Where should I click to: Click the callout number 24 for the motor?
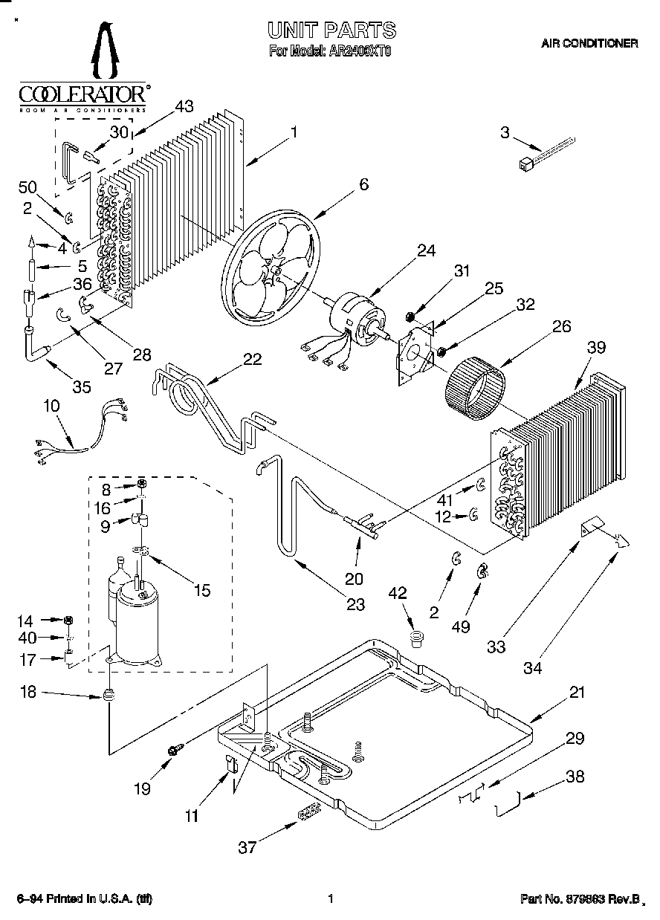tap(425, 250)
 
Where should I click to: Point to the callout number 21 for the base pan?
tap(577, 692)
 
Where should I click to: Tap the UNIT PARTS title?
tap(331, 30)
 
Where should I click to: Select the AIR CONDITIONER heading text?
tap(589, 44)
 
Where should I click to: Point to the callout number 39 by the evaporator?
tap(596, 348)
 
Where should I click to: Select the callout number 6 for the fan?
tap(363, 185)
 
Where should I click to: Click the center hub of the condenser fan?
tap(275, 273)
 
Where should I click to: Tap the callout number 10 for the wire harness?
tap(51, 406)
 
